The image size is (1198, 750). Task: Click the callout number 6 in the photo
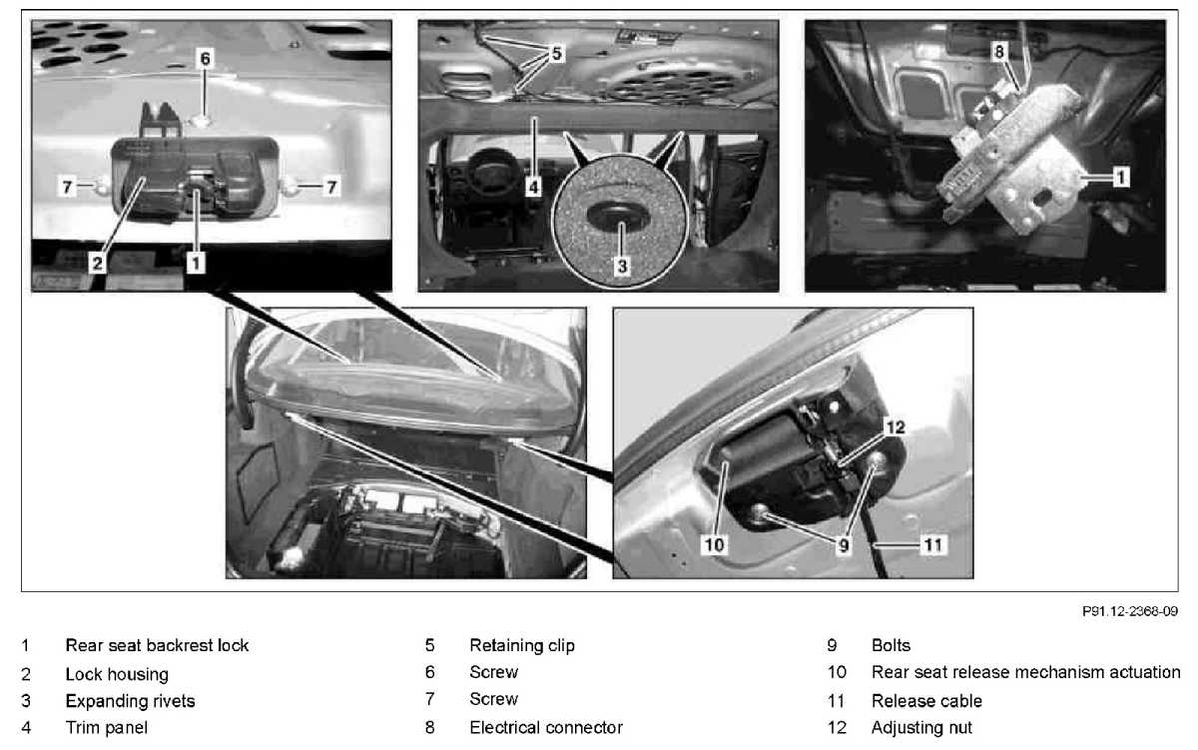(x=206, y=58)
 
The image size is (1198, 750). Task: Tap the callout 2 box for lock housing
(x=98, y=264)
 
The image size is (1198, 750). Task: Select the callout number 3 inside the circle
(x=622, y=266)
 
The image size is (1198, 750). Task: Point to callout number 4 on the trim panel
(x=533, y=187)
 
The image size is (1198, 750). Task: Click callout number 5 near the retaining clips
(x=557, y=54)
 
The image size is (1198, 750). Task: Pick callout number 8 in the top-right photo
(x=999, y=51)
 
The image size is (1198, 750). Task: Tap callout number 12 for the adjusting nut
(x=896, y=426)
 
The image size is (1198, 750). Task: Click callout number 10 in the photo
(x=714, y=544)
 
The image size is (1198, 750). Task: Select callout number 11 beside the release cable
(x=933, y=544)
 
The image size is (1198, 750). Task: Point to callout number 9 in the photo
(x=844, y=545)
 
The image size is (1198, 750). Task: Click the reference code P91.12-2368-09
(x=1129, y=611)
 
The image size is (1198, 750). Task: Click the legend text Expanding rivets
(x=130, y=701)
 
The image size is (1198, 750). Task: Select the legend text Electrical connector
(x=546, y=728)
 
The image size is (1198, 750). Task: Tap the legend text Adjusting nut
(x=921, y=728)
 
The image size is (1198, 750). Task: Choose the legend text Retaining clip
(x=522, y=646)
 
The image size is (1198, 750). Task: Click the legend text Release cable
(x=926, y=701)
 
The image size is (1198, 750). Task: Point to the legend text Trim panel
(x=107, y=728)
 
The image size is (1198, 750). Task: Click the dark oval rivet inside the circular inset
(x=618, y=215)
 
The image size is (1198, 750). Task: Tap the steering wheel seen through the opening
(x=492, y=170)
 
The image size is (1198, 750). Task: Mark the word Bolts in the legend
(x=891, y=646)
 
